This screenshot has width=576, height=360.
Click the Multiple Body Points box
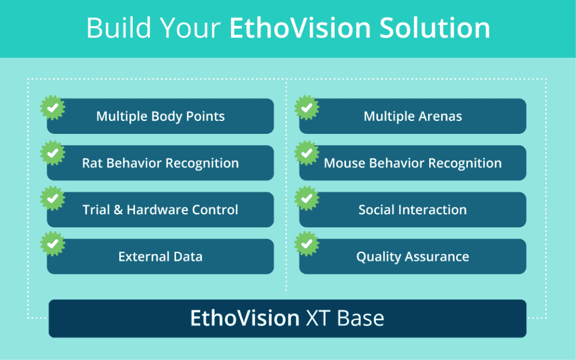point(160,116)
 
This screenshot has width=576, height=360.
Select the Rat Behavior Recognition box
point(160,163)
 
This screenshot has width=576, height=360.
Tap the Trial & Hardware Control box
point(160,210)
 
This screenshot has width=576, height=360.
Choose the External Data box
point(160,256)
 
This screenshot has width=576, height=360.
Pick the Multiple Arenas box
point(412,116)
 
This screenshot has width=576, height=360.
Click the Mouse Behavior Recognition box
point(412,163)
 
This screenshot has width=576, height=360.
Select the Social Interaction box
point(412,210)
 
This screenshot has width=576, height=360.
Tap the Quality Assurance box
point(412,256)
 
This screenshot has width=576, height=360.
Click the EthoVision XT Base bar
point(287,318)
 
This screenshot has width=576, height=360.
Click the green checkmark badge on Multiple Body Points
point(52,107)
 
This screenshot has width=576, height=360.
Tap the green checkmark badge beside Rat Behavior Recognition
point(52,153)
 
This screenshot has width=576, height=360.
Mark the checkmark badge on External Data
point(52,244)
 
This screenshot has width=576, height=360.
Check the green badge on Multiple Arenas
point(307,107)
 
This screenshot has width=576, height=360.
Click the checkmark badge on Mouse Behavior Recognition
point(307,153)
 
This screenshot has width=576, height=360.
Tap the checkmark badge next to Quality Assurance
point(307,244)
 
